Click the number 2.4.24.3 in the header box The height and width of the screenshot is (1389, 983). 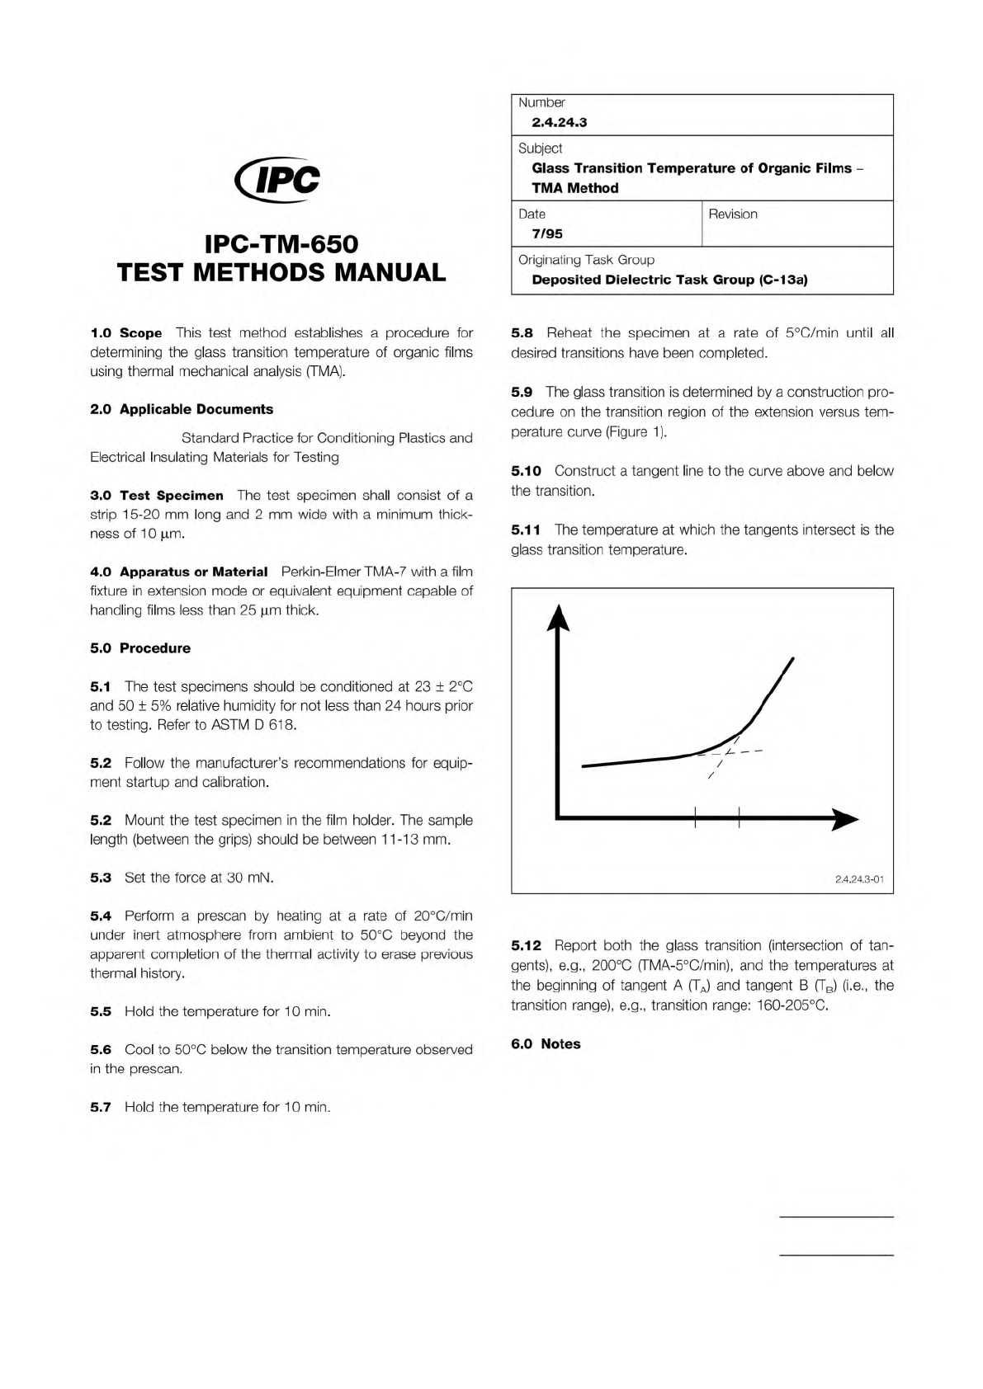pyautogui.click(x=559, y=123)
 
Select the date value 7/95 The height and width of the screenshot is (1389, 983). pyautogui.click(x=546, y=233)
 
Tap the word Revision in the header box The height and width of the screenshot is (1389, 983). pyautogui.click(x=732, y=214)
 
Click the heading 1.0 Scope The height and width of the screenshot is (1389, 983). pyautogui.click(x=126, y=333)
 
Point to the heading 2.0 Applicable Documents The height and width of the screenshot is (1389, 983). pyautogui.click(x=182, y=409)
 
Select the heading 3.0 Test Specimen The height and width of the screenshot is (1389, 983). pyautogui.click(x=157, y=496)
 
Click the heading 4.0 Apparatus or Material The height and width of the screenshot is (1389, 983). pyautogui.click(x=179, y=572)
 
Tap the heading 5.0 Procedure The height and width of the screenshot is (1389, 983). pyautogui.click(x=140, y=648)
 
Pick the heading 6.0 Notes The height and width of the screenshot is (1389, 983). pyautogui.click(x=546, y=1044)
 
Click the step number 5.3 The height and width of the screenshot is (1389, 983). pyautogui.click(x=101, y=878)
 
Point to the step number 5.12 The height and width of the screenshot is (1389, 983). pyautogui.click(x=526, y=946)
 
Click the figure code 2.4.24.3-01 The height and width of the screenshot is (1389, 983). pyautogui.click(x=859, y=880)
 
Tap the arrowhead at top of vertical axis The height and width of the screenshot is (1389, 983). pyautogui.click(x=560, y=616)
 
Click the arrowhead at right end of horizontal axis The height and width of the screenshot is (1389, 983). pyautogui.click(x=844, y=820)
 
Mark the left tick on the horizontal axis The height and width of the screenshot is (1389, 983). pyautogui.click(x=695, y=819)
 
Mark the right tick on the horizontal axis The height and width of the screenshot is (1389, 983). pyautogui.click(x=739, y=819)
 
